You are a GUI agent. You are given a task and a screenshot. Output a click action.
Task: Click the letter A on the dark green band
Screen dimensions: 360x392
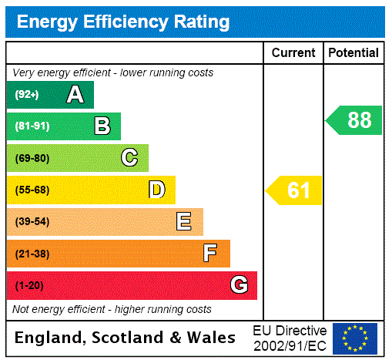75,95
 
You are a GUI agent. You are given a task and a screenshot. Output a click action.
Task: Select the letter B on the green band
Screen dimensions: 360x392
102,126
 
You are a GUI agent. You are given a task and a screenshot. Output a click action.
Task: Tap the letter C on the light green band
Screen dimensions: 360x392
129,158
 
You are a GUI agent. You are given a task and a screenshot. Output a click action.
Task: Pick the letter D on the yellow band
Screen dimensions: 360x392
156,190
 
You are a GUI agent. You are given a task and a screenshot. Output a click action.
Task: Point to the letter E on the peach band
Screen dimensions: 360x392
183,222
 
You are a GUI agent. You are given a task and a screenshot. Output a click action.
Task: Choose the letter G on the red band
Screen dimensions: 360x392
239,285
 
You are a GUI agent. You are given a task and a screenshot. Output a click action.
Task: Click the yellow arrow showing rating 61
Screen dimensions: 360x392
294,190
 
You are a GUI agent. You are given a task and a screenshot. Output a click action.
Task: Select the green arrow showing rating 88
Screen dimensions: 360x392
354,120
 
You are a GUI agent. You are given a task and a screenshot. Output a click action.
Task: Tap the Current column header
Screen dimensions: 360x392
293,53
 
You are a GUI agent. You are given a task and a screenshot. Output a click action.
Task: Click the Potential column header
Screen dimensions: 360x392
353,53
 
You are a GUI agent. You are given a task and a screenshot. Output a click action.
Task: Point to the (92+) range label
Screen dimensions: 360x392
27,95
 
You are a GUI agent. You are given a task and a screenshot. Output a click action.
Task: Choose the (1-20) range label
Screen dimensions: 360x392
29,286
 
